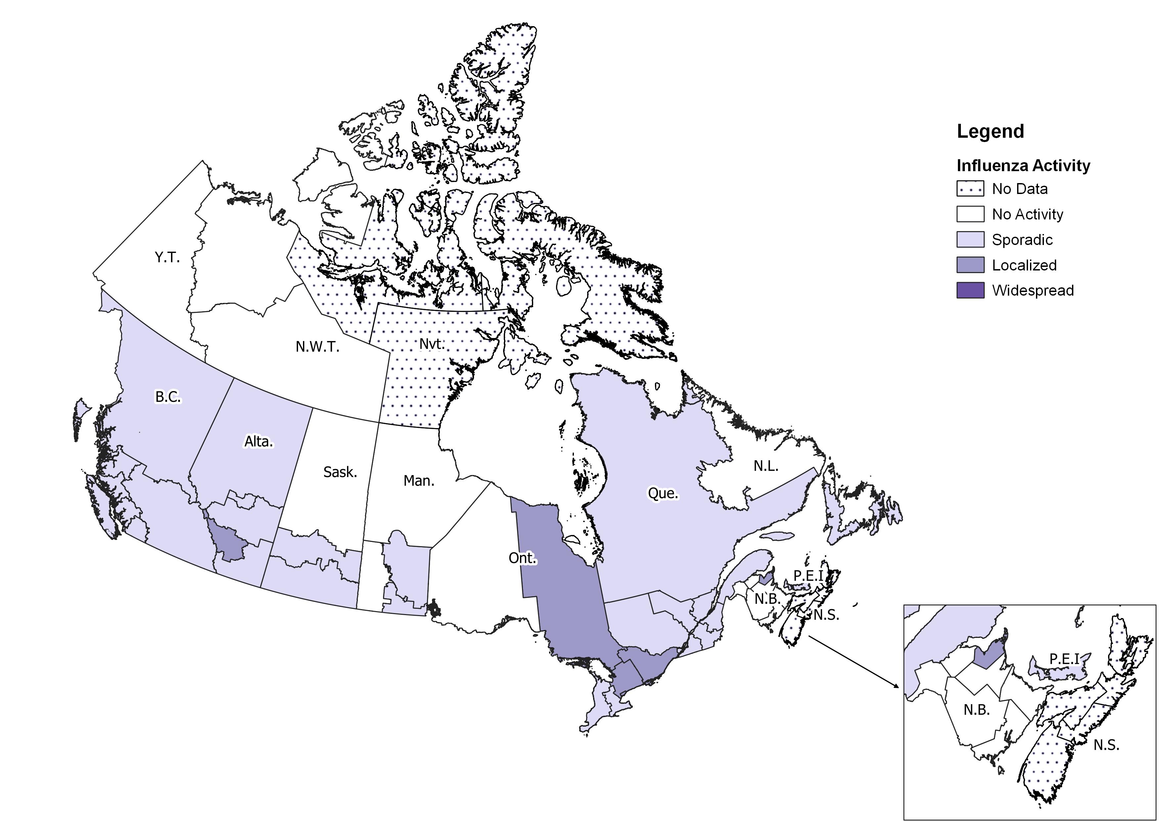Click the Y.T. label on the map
click(167, 258)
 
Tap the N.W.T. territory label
click(317, 347)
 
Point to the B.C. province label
click(168, 397)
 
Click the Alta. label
click(259, 442)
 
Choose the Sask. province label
click(340, 472)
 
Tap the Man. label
click(419, 481)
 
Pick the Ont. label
click(522, 558)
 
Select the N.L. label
click(766, 466)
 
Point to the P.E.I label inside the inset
click(1064, 659)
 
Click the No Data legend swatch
click(970, 189)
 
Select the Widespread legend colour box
click(970, 291)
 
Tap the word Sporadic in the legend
click(1022, 240)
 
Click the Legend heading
click(990, 131)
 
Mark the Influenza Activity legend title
click(1023, 166)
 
